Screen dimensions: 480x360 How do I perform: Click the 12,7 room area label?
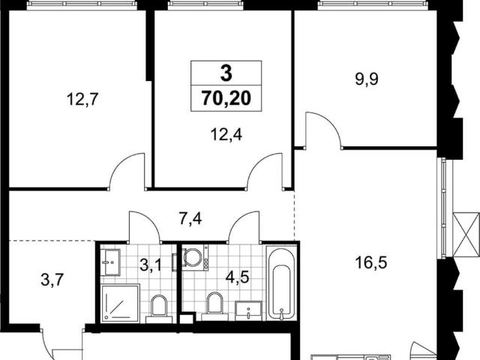[82, 99]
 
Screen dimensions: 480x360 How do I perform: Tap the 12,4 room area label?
[226, 134]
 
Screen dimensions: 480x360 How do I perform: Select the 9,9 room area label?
[367, 79]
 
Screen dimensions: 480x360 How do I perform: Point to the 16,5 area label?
[371, 262]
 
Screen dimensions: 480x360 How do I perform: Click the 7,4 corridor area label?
[190, 219]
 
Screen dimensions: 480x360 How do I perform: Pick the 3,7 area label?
[52, 280]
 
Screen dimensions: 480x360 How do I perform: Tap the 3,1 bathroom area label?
[151, 265]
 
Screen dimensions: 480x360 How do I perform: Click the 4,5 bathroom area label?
[238, 277]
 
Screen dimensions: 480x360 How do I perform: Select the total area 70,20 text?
[226, 98]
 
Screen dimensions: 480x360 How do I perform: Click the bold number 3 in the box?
[226, 73]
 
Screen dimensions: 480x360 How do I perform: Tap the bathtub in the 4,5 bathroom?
[281, 283]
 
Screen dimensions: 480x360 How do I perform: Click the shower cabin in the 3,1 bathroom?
[120, 303]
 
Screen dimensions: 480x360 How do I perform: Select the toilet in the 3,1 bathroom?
[159, 308]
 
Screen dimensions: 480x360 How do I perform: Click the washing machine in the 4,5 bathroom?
[195, 256]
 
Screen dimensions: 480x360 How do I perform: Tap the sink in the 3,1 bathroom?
[110, 262]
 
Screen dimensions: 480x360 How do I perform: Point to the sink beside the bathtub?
[248, 310]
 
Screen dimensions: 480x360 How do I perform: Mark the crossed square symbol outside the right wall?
[466, 234]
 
